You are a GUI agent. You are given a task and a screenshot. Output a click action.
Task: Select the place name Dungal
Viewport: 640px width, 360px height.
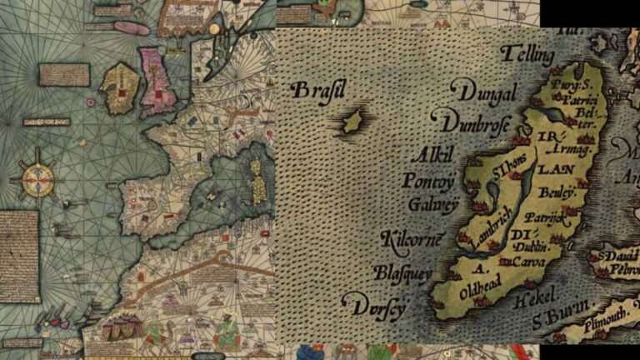click(484, 91)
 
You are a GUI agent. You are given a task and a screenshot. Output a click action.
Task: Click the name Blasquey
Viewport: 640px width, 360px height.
click(402, 272)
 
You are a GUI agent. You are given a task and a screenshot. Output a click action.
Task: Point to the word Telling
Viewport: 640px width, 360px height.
click(527, 55)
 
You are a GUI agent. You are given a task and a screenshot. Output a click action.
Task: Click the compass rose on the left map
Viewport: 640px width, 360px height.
click(37, 177)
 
